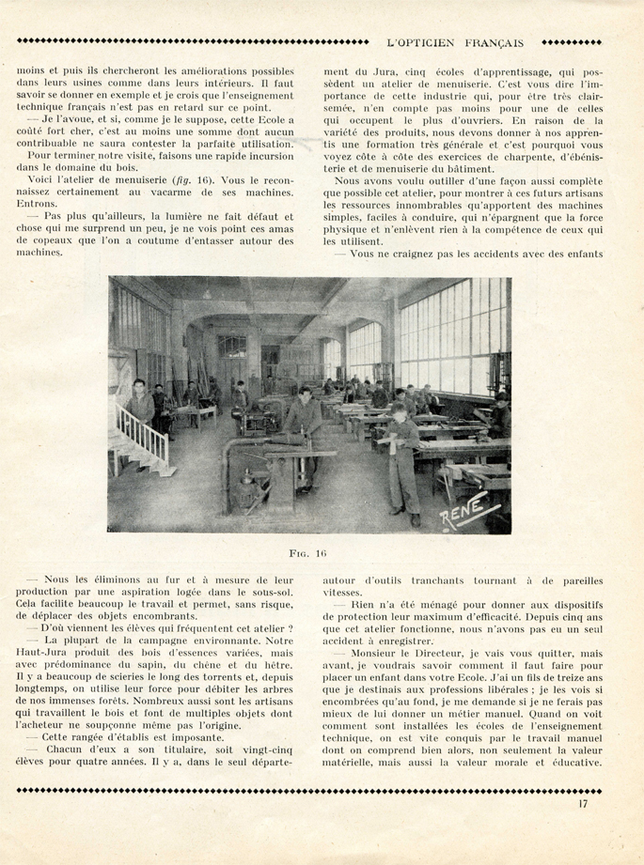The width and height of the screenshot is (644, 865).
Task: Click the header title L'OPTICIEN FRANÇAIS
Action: tap(455, 41)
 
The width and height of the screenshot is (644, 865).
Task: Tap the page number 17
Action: tap(584, 802)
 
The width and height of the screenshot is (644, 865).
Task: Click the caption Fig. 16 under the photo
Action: tap(308, 553)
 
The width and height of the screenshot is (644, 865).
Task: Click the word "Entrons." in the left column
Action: tap(36, 203)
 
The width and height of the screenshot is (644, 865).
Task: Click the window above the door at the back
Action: tap(231, 347)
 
